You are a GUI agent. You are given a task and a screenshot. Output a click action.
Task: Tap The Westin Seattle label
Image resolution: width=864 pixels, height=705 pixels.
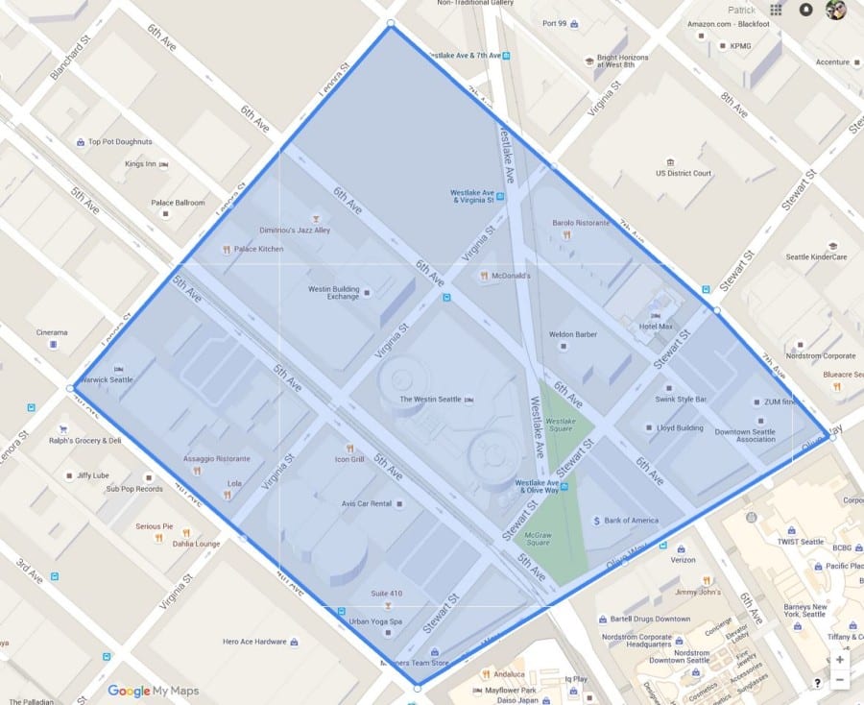pos(431,399)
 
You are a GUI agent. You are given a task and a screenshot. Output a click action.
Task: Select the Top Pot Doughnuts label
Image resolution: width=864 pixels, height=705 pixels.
pos(120,142)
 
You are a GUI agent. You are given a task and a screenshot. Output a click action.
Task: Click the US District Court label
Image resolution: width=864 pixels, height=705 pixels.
pos(684,174)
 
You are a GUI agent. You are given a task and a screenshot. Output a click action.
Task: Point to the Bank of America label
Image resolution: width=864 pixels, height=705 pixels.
pos(631,521)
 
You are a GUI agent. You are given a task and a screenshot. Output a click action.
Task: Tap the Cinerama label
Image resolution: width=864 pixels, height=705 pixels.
pos(52,332)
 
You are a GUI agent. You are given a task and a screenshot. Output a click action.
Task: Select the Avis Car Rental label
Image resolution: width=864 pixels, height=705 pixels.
pos(366,503)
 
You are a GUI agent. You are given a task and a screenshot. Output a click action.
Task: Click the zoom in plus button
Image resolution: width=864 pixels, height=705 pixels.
pos(840,660)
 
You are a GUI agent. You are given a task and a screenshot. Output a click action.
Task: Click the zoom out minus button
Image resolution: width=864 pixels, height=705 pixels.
pos(840,680)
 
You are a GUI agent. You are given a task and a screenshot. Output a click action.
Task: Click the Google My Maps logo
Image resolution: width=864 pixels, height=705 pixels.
pos(152,691)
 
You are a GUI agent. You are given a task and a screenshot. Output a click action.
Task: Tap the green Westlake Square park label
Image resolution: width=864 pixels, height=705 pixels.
pos(560,425)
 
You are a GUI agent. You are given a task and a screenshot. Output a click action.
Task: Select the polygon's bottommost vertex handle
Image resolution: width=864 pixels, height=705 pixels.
pos(417,688)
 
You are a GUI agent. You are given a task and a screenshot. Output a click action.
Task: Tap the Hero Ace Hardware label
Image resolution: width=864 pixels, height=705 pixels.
pos(254,642)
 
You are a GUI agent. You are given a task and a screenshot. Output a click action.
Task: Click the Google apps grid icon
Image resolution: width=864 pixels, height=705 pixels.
pos(776,10)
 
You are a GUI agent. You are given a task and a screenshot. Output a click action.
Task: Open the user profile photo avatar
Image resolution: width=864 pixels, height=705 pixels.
pos(835,10)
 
